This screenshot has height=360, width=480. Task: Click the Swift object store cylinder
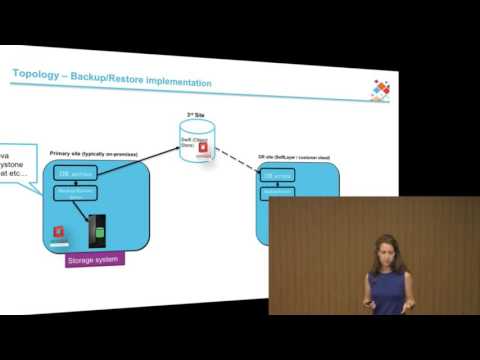click(197, 140)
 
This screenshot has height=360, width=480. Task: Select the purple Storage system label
click(94, 261)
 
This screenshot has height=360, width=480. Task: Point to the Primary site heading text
click(94, 153)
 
